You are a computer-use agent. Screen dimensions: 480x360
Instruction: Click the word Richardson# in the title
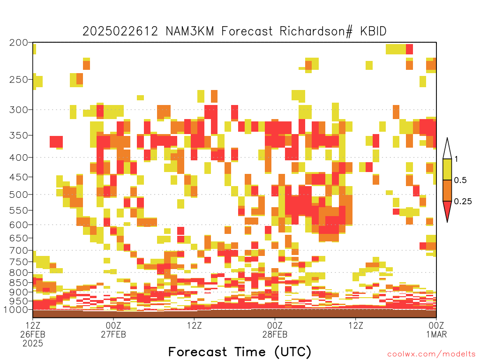tap(316, 31)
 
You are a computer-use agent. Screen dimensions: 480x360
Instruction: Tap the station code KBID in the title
tap(373, 31)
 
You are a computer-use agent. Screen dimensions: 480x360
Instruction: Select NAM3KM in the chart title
tap(190, 31)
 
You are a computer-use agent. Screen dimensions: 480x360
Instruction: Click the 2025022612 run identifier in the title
tap(120, 31)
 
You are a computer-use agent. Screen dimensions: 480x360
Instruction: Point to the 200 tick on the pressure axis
tap(19, 43)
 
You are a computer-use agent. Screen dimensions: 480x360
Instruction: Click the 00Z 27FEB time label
tap(113, 330)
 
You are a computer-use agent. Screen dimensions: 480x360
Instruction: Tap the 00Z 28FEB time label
tap(275, 330)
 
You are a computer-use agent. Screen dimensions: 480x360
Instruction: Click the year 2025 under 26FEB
tap(33, 344)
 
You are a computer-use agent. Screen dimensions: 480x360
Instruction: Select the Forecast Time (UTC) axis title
tap(240, 352)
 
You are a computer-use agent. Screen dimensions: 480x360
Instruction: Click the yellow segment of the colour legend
tap(447, 169)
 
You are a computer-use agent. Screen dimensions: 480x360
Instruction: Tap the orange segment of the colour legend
tap(447, 190)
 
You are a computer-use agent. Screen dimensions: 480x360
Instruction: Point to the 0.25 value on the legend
tap(463, 202)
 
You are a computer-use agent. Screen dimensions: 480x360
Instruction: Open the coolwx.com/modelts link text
tap(431, 354)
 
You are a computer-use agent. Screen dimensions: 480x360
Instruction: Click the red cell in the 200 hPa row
tap(409, 49)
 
